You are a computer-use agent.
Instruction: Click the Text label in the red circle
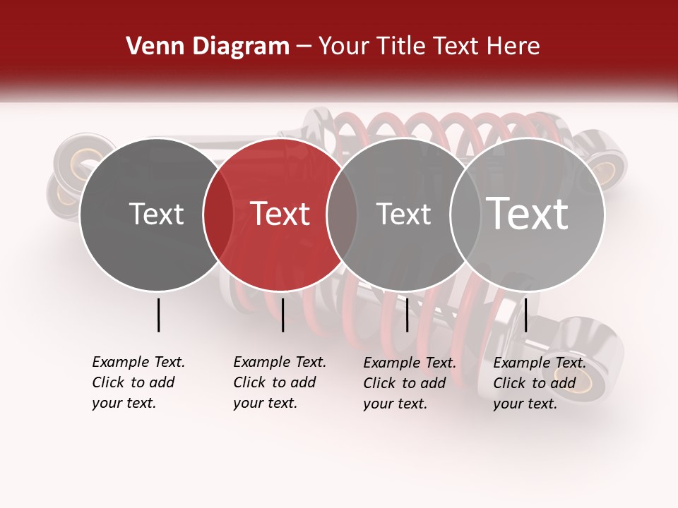pos(280,214)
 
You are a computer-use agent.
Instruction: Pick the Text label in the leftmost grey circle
pos(157,214)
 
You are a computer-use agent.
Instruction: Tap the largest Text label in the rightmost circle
pos(528,214)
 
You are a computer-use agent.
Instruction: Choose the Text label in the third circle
pos(403,214)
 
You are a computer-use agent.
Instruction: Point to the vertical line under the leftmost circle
pos(159,315)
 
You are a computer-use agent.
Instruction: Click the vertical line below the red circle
pos(282,315)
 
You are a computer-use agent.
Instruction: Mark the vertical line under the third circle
pos(407,315)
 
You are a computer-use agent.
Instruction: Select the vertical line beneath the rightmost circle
pos(526,315)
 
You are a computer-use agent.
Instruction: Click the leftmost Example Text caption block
pos(138,382)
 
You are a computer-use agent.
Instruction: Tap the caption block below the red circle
pos(280,382)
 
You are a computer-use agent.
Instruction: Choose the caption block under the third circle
pos(410,383)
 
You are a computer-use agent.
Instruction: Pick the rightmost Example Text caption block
pos(540,383)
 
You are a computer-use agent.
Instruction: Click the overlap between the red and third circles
pos(342,214)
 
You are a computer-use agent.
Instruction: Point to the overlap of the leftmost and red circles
pos(218,214)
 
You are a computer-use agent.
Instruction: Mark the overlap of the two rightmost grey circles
pos(465,214)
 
